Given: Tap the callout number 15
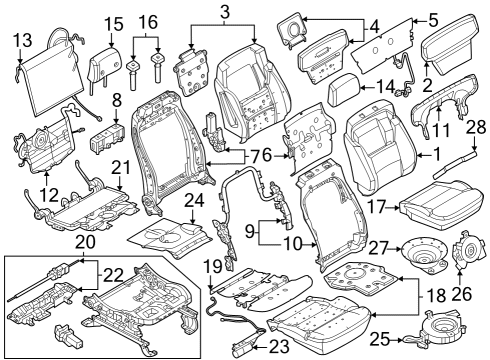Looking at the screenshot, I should (x=112, y=23).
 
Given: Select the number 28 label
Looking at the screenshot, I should (x=477, y=127).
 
